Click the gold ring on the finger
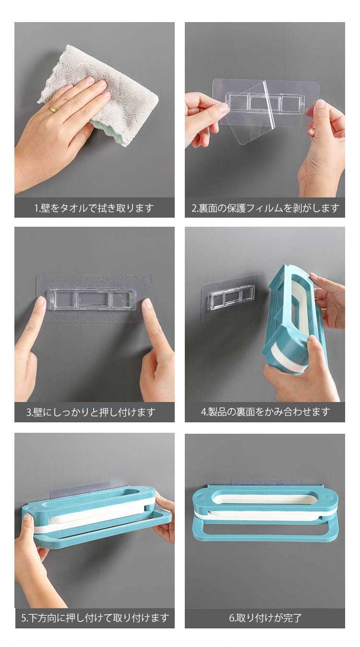53,110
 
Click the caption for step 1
94,208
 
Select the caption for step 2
265,208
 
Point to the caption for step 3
91,412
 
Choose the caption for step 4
265,412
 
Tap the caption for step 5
95,618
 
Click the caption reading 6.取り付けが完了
265,618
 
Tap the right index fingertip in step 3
147,303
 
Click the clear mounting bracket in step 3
92,299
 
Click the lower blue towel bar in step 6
265,539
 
